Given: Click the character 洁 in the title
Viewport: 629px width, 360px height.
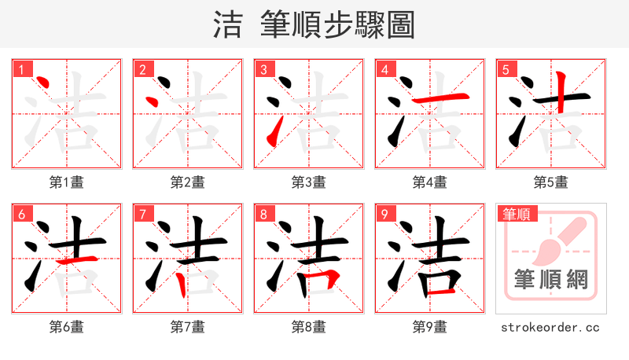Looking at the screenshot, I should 228,25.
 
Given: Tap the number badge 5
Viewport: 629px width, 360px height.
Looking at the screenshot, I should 506,70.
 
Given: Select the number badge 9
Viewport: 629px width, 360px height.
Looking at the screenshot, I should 384,215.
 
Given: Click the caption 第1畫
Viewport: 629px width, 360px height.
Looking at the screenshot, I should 67,182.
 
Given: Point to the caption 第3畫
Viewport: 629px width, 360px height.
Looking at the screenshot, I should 309,182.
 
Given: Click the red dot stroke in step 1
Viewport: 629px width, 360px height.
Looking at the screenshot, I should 43,84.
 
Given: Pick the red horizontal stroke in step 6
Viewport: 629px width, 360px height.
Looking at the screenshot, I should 79,259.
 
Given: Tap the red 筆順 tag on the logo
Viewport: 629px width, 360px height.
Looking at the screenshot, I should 515,214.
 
